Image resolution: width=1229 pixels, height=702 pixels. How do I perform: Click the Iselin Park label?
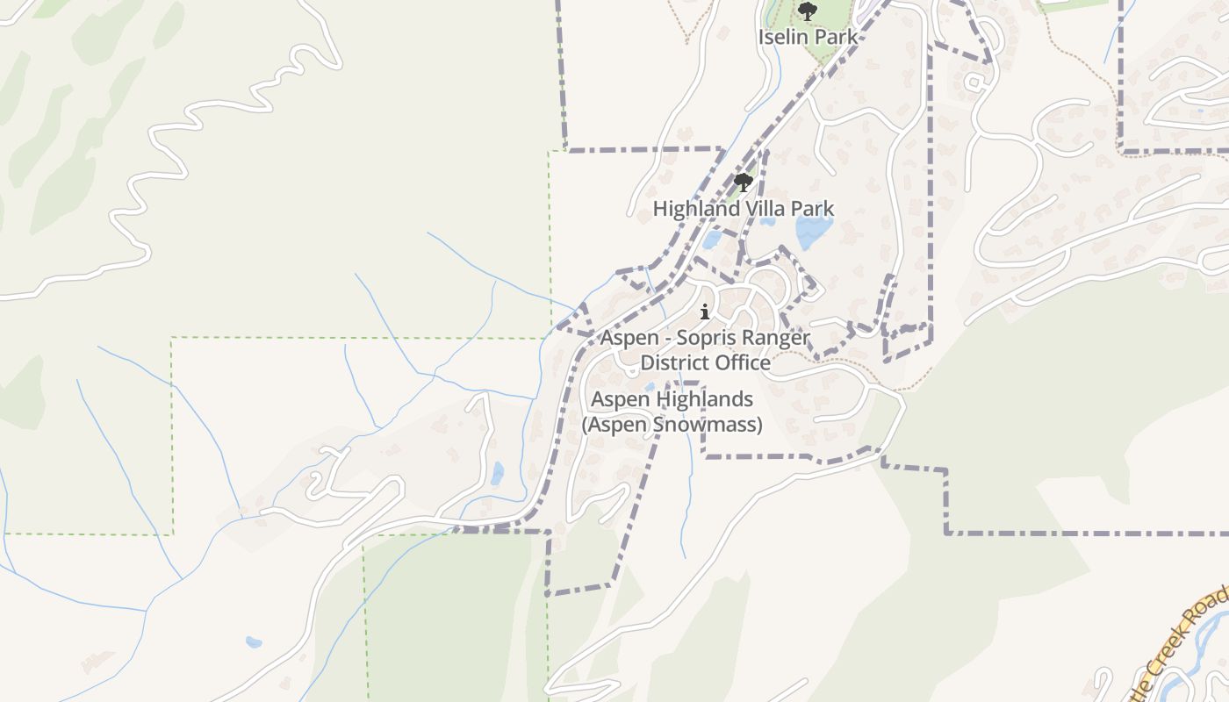(x=807, y=37)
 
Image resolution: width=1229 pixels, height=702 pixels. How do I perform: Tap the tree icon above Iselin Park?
(x=807, y=12)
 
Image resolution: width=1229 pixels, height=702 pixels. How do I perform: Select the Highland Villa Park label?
(x=743, y=209)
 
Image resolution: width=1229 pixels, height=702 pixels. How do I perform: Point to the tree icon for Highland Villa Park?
(x=744, y=183)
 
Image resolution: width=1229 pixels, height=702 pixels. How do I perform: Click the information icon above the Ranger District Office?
(x=704, y=312)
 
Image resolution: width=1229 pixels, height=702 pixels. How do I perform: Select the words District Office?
(x=705, y=362)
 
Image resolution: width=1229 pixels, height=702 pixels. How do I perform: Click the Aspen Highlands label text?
(x=672, y=399)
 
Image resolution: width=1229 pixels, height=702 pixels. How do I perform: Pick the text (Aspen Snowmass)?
(x=672, y=425)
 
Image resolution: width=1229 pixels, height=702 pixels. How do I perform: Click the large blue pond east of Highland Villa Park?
(x=814, y=231)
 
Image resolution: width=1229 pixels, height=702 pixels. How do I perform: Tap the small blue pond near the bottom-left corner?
(x=254, y=642)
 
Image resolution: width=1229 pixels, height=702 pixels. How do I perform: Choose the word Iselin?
(x=783, y=37)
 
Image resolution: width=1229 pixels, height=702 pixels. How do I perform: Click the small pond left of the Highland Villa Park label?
(x=711, y=239)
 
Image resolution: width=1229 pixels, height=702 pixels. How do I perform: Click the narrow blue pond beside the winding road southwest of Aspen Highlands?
(x=498, y=474)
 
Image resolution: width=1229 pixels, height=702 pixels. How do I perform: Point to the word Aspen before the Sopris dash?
(x=629, y=338)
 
